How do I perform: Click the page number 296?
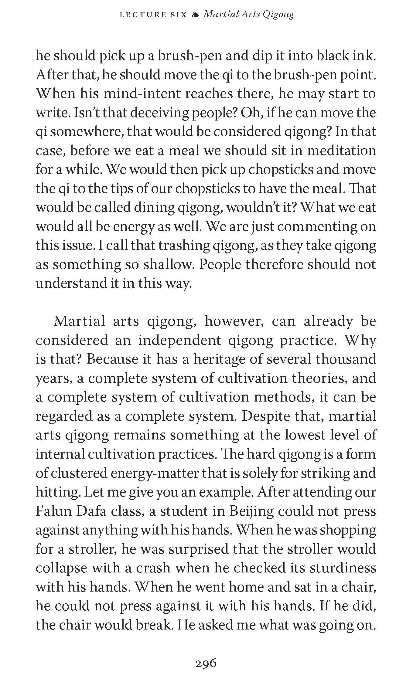[206, 655]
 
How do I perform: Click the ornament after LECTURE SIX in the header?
[195, 14]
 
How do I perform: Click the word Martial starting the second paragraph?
[79, 321]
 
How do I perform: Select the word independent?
[180, 340]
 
